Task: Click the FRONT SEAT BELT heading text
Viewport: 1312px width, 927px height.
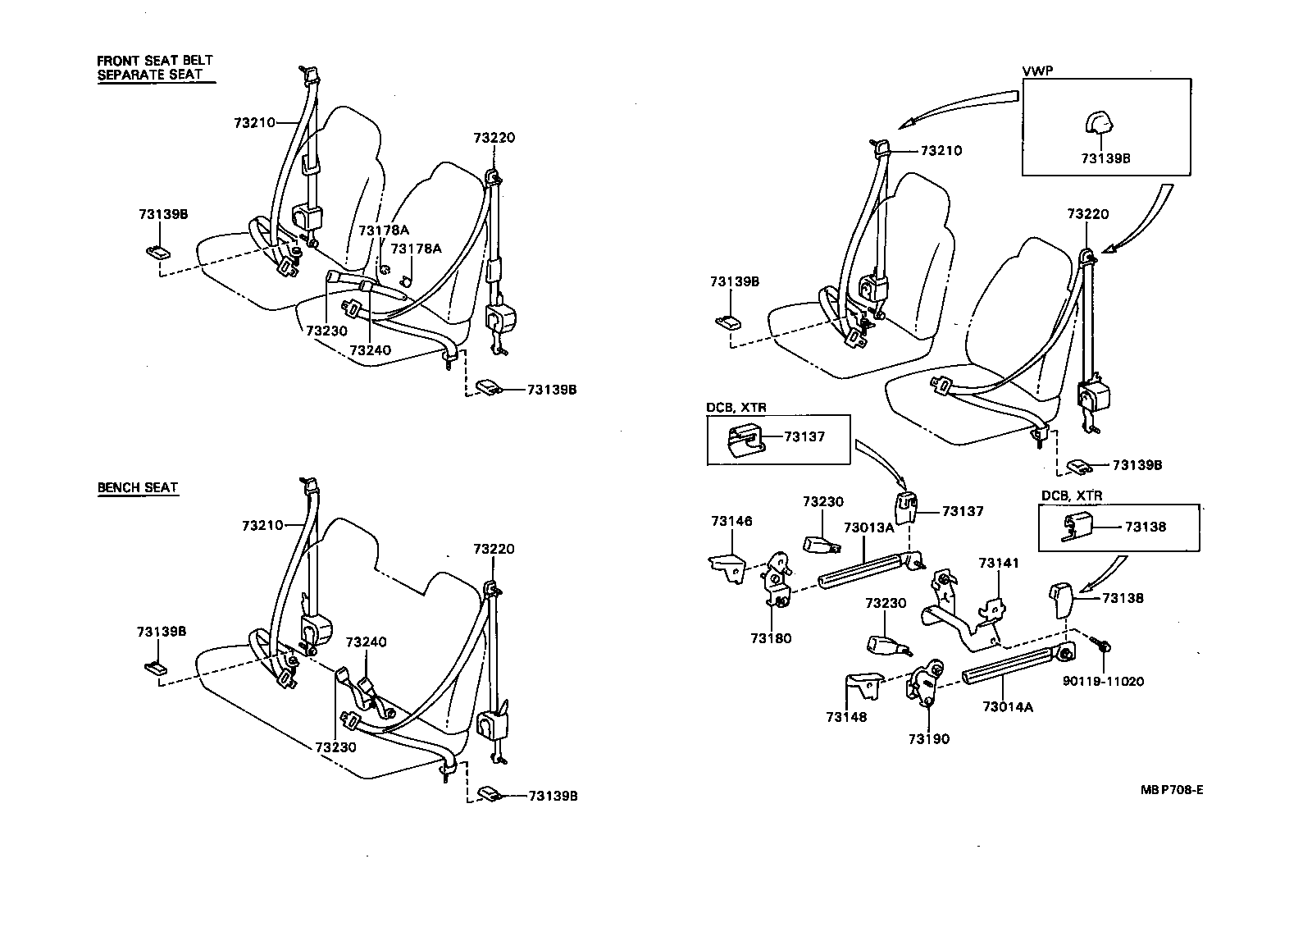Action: [x=155, y=61]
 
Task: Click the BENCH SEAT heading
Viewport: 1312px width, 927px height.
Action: [x=138, y=487]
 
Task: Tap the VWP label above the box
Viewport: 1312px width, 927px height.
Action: [x=1036, y=71]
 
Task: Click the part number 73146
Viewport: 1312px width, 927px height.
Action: [x=731, y=521]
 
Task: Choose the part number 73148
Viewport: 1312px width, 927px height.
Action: [x=846, y=717]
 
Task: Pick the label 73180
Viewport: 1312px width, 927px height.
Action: [x=771, y=638]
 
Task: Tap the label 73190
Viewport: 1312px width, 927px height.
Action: [x=928, y=739]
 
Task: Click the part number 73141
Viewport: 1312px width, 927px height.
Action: [x=999, y=563]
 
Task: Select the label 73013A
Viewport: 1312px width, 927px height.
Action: [x=869, y=528]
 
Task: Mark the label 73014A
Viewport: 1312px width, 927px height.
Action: [x=1008, y=706]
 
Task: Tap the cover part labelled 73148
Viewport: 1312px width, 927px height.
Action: [x=859, y=687]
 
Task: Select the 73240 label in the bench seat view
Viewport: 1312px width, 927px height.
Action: [x=366, y=642]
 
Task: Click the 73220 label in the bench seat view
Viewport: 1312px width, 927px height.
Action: [x=494, y=549]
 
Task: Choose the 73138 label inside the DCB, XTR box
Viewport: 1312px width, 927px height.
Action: [x=1145, y=527]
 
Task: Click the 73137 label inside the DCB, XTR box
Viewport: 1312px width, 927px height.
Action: [x=804, y=436]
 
